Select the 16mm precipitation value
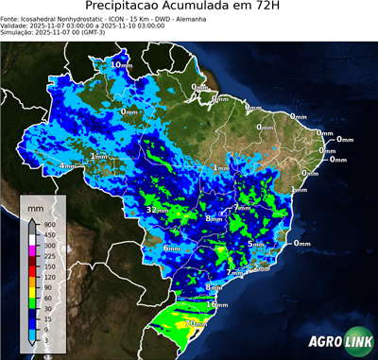click(x=217, y=305)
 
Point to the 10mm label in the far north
click(x=121, y=64)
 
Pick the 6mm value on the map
click(x=171, y=249)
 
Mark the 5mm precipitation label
click(x=256, y=244)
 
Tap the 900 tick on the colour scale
click(x=47, y=224)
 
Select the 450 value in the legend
click(x=47, y=234)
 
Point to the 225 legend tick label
click(x=47, y=256)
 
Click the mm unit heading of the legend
click(x=36, y=207)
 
